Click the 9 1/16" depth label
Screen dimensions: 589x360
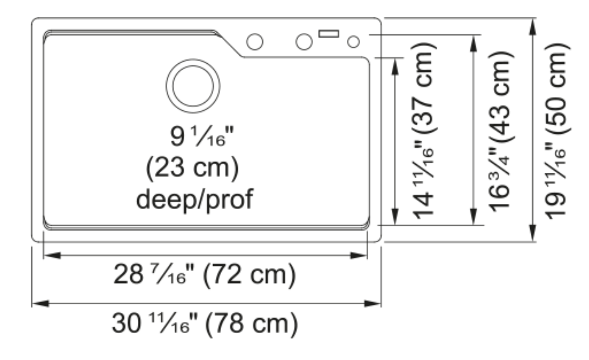[202, 136]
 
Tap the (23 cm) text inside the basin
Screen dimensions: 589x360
[192, 168]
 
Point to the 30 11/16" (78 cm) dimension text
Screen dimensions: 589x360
[205, 324]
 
